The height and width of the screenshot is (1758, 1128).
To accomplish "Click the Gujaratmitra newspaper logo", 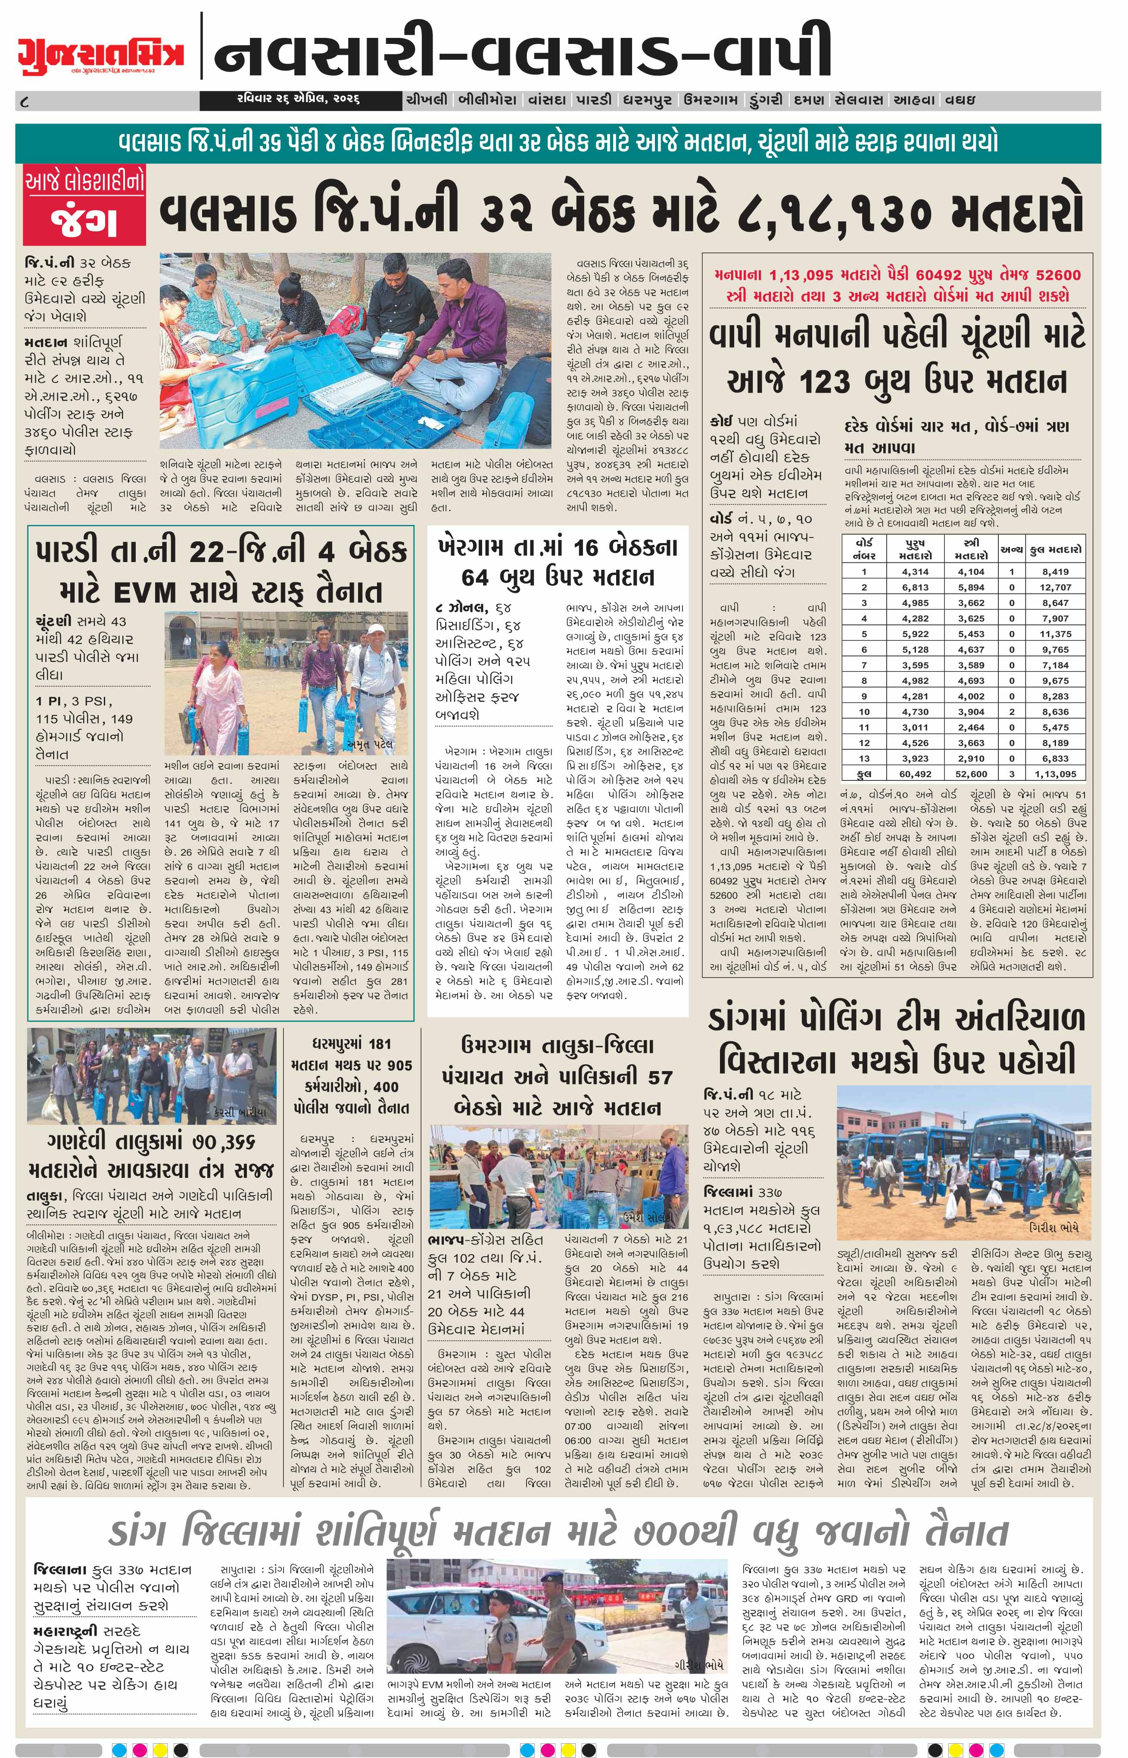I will [x=101, y=53].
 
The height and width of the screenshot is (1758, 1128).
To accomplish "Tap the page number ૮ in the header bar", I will [x=26, y=101].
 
